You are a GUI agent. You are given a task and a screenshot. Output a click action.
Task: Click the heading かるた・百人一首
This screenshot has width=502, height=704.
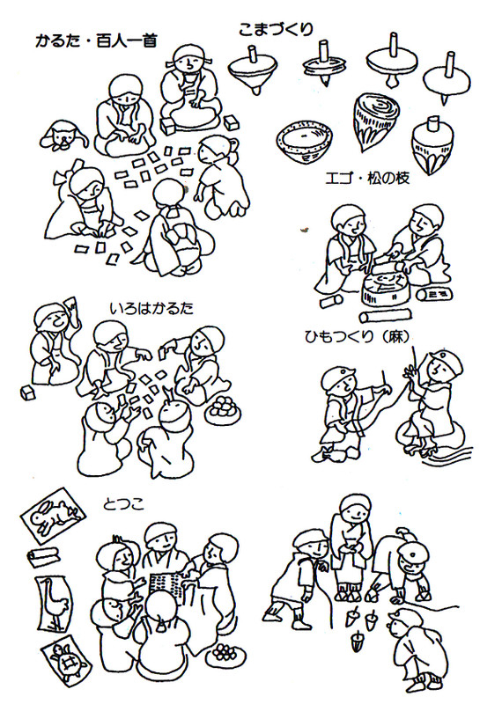[96, 41]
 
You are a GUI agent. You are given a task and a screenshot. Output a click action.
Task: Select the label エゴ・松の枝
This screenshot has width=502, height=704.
[367, 179]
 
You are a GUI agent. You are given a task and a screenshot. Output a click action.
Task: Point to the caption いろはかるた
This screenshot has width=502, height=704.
[151, 309]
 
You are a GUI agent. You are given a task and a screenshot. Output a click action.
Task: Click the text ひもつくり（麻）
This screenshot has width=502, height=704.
[358, 336]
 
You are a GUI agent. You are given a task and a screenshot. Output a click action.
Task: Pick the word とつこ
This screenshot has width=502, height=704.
[123, 504]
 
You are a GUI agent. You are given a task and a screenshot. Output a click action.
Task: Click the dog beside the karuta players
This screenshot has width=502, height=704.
[62, 135]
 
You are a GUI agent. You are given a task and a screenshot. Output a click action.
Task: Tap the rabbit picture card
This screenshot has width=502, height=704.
[53, 511]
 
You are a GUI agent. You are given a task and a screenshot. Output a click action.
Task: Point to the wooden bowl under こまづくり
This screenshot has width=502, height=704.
[305, 143]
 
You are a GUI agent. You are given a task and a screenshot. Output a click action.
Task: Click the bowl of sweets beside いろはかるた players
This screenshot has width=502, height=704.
[223, 408]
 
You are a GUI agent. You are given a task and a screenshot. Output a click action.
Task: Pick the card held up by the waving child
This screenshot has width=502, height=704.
[71, 304]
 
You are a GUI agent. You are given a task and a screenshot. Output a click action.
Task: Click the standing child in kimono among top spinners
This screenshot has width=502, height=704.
[353, 547]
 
